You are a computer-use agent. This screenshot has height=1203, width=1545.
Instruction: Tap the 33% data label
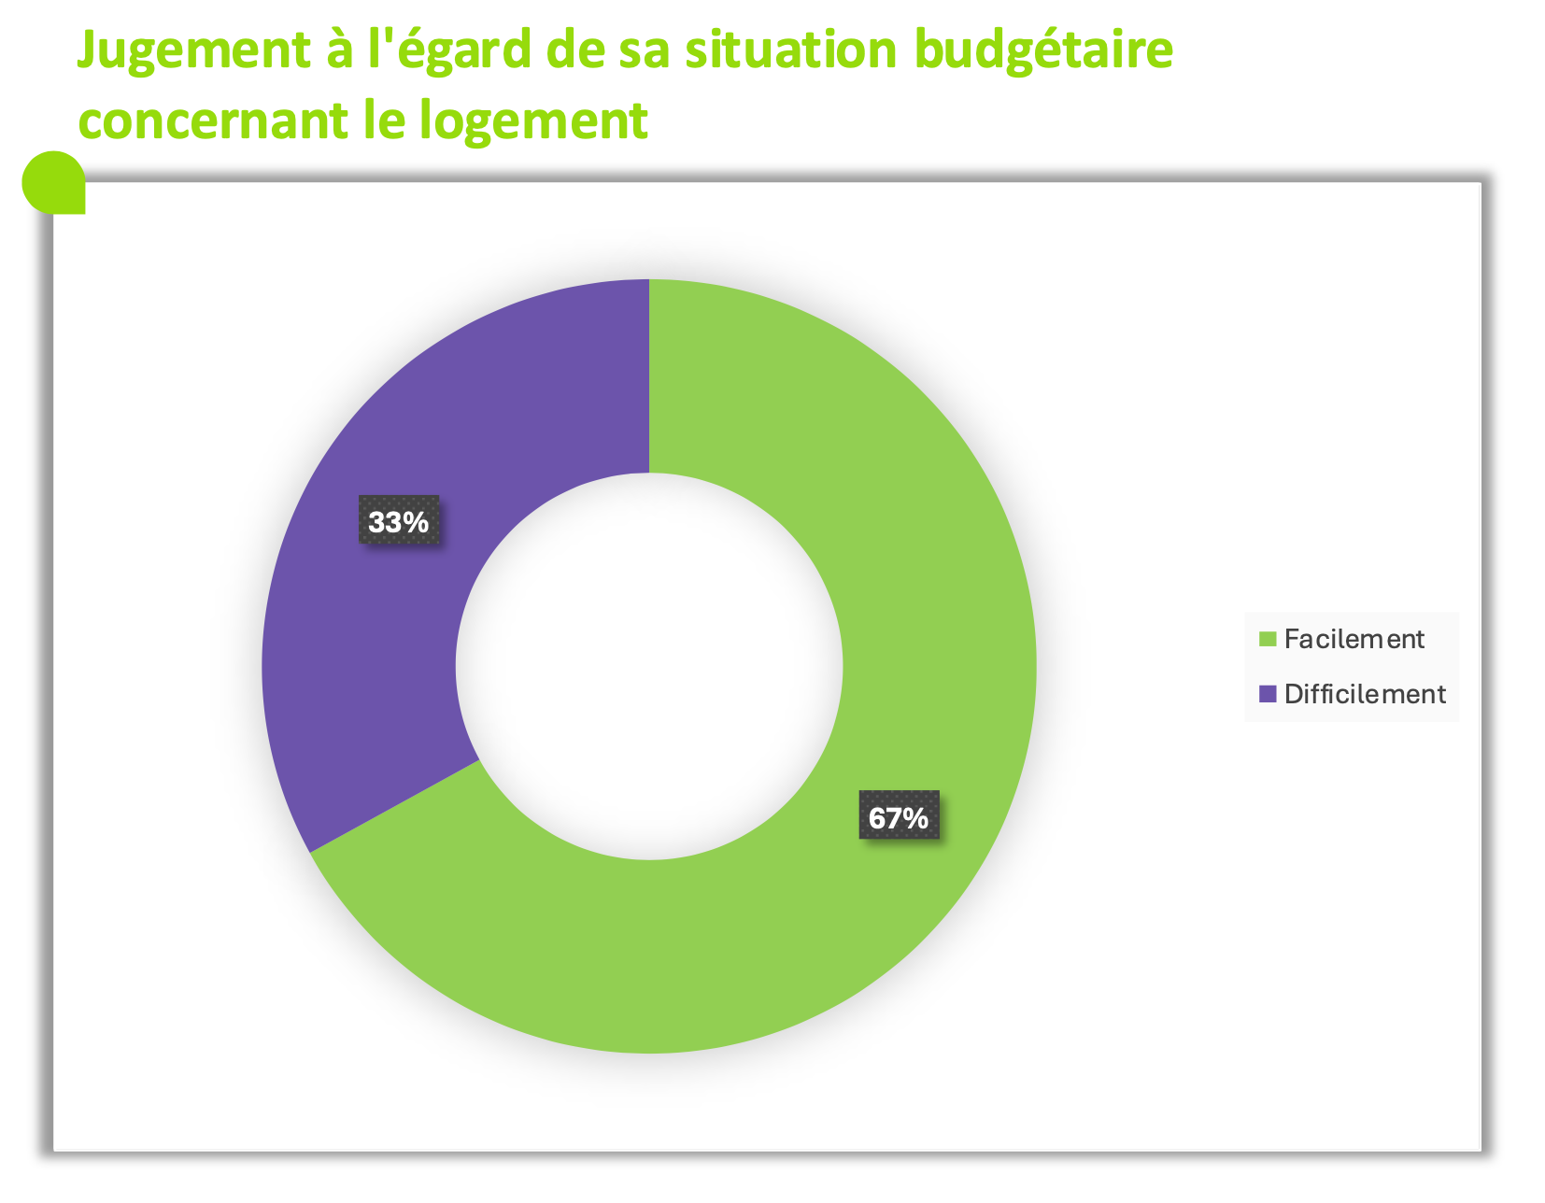tap(399, 522)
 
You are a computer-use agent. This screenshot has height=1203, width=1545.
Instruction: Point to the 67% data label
tap(899, 818)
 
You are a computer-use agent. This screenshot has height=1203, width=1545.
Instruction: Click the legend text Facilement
tap(1354, 639)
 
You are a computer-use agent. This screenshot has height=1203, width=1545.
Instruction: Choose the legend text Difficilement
tap(1364, 694)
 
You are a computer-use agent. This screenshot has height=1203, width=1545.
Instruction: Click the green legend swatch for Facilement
tap(1268, 640)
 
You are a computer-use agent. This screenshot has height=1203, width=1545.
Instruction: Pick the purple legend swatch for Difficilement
tap(1268, 694)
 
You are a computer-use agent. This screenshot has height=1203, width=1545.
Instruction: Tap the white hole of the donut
tap(649, 666)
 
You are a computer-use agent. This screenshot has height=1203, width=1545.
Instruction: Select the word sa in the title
tap(645, 50)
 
